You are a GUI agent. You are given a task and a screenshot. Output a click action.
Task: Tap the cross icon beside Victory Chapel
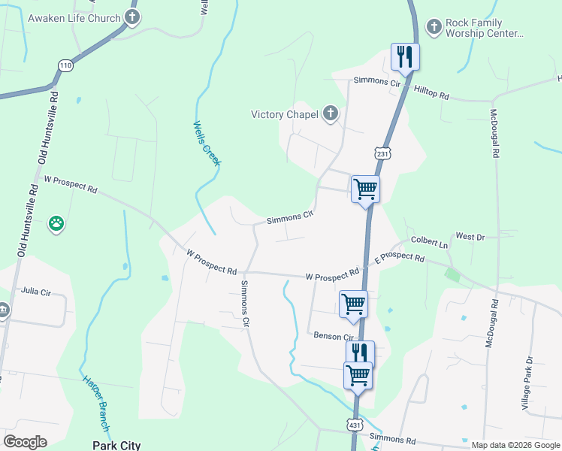point(330,114)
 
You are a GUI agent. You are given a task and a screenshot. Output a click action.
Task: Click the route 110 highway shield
point(65,66)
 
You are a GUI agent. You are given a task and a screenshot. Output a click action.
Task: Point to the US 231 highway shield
point(383,154)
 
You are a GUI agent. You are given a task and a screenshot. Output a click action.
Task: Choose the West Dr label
point(470,237)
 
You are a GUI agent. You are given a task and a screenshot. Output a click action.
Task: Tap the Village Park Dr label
point(527,383)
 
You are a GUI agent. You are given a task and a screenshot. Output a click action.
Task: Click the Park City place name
point(116,445)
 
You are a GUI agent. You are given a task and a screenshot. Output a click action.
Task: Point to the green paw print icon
point(56,222)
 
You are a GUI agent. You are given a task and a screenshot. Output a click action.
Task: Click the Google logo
point(26,442)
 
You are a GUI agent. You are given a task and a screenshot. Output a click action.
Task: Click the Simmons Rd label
point(393,438)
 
